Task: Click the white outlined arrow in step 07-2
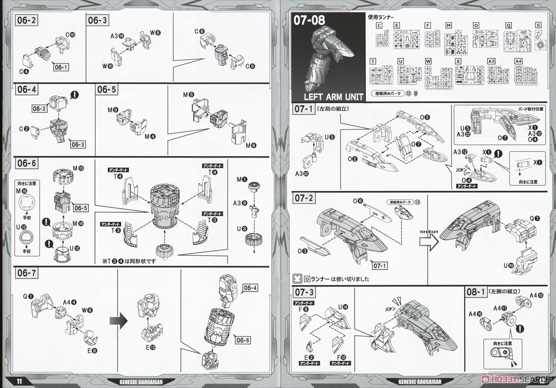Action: [426, 241]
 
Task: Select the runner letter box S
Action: [538, 25]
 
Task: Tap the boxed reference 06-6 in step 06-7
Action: [242, 340]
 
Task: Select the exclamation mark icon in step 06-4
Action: [74, 95]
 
